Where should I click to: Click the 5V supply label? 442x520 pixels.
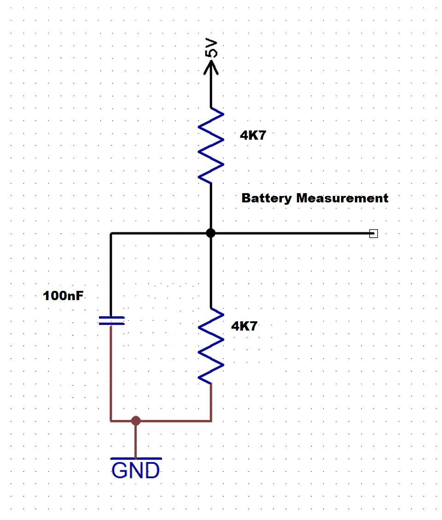pos(211,48)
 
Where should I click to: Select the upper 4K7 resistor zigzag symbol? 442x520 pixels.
pos(211,146)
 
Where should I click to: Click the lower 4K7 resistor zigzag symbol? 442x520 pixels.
pos(211,346)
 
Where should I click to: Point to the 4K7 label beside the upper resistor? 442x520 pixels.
pos(253,136)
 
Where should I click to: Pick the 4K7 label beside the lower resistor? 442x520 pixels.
pos(244,326)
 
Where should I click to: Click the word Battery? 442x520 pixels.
pos(267,198)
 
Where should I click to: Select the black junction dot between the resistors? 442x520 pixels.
pos(211,233)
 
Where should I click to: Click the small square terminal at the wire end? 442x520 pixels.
pos(373,234)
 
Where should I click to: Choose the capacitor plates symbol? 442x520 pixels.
pos(111,320)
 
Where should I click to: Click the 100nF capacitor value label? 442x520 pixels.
pos(64,296)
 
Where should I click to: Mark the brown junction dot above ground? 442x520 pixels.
pos(135,420)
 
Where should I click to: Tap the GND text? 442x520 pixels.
pos(136,471)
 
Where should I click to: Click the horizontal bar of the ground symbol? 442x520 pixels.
pos(136,459)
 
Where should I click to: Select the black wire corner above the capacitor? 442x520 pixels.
pos(111,234)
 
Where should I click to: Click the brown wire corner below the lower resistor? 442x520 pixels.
pos(211,420)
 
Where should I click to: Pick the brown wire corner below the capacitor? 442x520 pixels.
pos(111,420)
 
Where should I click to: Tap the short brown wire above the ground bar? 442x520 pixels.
pos(135,440)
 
